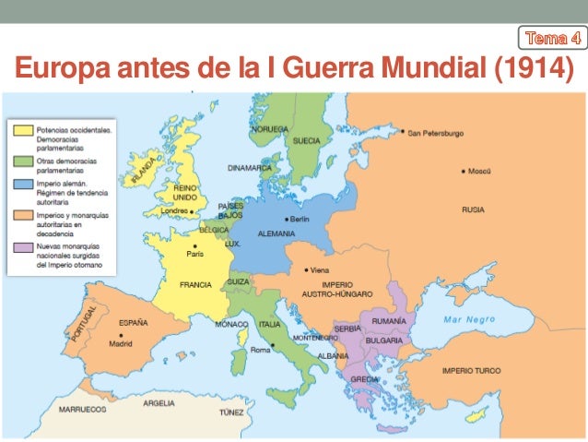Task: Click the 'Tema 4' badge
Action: pos(551,38)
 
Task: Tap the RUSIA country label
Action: pos(473,209)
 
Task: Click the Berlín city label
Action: pos(300,219)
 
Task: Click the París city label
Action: pos(195,253)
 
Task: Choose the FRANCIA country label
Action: pos(195,284)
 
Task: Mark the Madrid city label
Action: pos(121,343)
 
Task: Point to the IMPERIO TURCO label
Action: pos(471,371)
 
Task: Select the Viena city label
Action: pos(318,270)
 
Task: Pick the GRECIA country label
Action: pos(364,378)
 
